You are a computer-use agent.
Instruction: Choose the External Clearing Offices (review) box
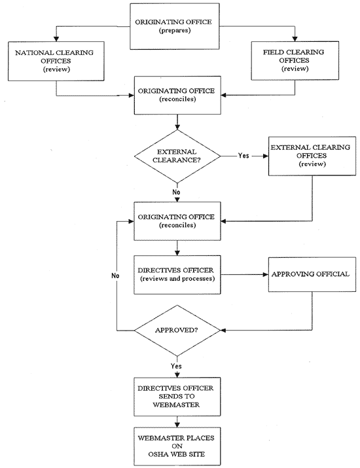(x=307, y=156)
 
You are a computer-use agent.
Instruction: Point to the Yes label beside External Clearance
(x=243, y=156)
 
